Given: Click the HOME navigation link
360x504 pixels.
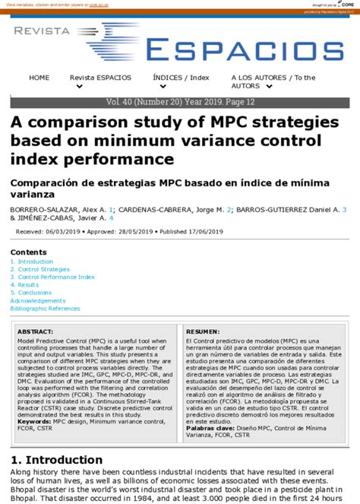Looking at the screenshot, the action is pos(39,78).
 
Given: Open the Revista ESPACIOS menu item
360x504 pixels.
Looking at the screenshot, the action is pos(100,78).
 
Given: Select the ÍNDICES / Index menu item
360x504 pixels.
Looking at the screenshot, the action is pos(180,78).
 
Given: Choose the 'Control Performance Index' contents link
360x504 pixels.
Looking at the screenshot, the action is pos(55,277).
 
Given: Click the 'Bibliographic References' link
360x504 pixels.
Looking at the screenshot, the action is pos(45,309).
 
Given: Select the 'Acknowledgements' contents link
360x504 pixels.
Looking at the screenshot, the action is pos(38,300).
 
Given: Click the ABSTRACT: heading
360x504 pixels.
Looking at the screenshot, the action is pos(35,332).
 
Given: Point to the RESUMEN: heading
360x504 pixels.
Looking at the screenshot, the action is pos(203,332).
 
